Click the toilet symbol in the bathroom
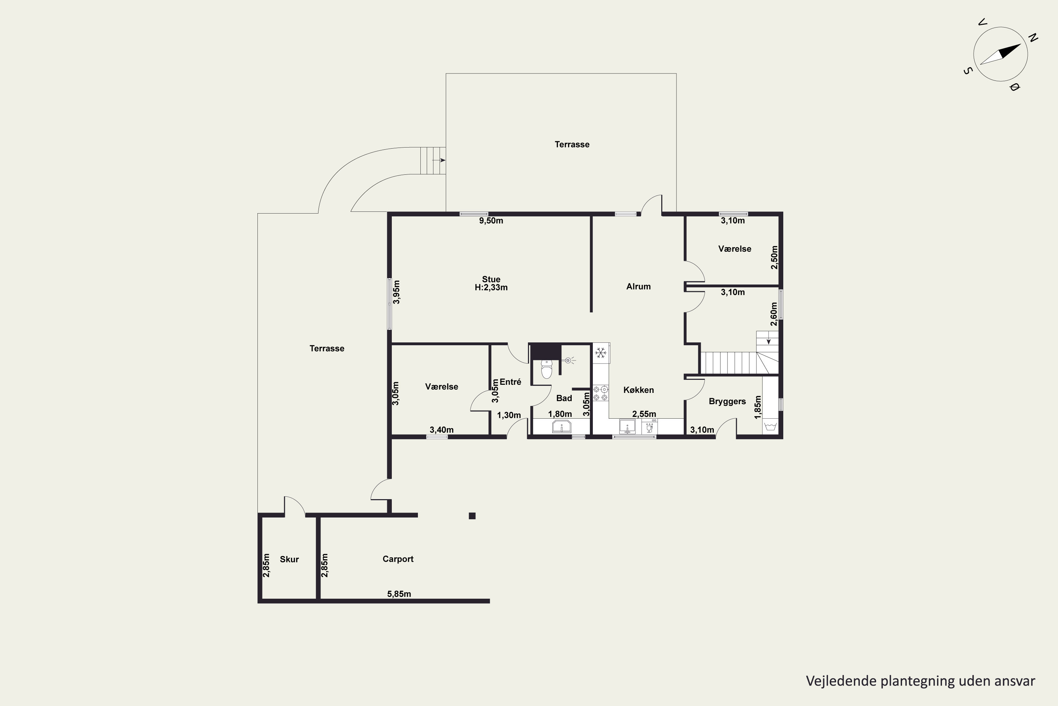pyautogui.click(x=547, y=369)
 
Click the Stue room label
pyautogui.click(x=491, y=279)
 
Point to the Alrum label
pyautogui.click(x=638, y=286)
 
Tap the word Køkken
pyautogui.click(x=638, y=390)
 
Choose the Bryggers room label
pyautogui.click(x=727, y=401)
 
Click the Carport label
pyautogui.click(x=398, y=559)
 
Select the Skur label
pyautogui.click(x=289, y=559)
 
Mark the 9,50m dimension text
pyautogui.click(x=491, y=221)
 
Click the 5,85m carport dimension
pyautogui.click(x=399, y=594)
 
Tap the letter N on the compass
pyautogui.click(x=1033, y=38)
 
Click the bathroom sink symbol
pyautogui.click(x=561, y=426)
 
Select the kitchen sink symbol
pyautogui.click(x=627, y=426)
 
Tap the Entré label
pyautogui.click(x=510, y=382)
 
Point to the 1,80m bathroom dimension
pyautogui.click(x=560, y=414)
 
